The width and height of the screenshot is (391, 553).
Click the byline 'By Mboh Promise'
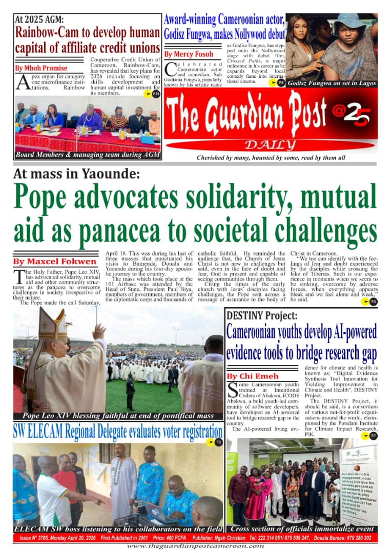tap(41, 68)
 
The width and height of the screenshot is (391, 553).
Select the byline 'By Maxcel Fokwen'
tap(54, 262)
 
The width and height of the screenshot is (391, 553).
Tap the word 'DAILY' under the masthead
tap(269, 144)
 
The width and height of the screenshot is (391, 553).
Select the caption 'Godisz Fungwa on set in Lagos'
tap(332, 83)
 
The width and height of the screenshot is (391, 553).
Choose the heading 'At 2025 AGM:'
tap(39, 19)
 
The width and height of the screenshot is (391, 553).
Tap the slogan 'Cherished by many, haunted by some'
tap(271, 158)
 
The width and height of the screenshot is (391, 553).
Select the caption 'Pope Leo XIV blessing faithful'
tap(118, 415)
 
